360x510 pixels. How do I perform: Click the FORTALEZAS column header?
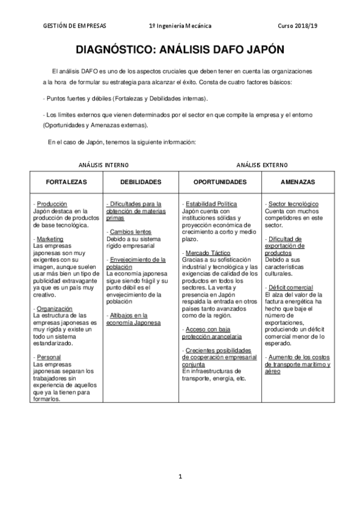pyautogui.click(x=67, y=181)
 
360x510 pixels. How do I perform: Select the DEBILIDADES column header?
pyautogui.click(x=141, y=181)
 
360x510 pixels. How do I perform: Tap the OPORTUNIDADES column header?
pyautogui.click(x=220, y=181)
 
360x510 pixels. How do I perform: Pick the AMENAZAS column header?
pyautogui.click(x=298, y=181)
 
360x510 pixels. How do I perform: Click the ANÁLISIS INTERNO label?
pyautogui.click(x=103, y=164)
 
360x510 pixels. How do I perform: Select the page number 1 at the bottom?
pyautogui.click(x=180, y=477)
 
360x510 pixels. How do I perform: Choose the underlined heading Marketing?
pyautogui.click(x=50, y=239)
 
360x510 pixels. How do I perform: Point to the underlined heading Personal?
pyautogui.click(x=49, y=357)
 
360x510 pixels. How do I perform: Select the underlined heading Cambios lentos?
pyautogui.click(x=130, y=232)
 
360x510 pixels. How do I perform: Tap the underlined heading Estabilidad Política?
pyautogui.click(x=211, y=204)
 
